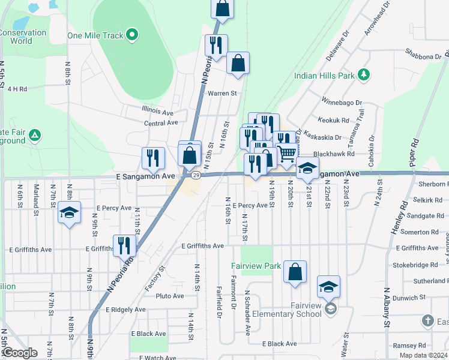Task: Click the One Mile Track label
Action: pos(95,35)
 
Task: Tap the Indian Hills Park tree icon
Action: pos(363,75)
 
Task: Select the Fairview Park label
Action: pos(256,266)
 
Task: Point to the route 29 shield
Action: pos(196,175)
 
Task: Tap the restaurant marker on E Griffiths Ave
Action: pos(124,245)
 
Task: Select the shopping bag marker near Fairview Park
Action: pos(295,271)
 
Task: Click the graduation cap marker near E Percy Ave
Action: pos(69,213)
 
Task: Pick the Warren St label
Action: pos(223,94)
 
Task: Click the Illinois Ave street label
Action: pos(157,112)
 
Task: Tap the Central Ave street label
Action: pos(161,123)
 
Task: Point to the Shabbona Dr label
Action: pos(423,57)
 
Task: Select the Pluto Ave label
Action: pos(170,296)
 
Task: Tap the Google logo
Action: pos(20,353)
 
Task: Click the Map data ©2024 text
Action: pos(422,355)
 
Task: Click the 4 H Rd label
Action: pos(17,89)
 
